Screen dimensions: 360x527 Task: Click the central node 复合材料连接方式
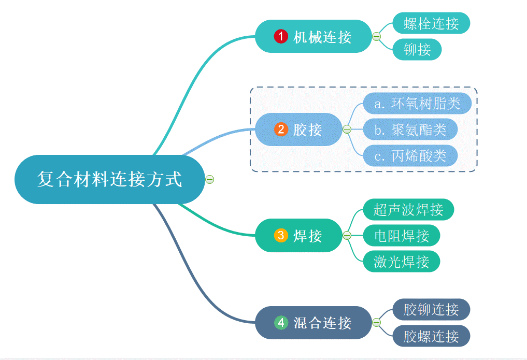click(109, 179)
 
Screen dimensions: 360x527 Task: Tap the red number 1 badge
click(281, 36)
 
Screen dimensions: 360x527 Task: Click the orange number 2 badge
click(281, 129)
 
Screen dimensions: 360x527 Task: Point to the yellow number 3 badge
click(281, 236)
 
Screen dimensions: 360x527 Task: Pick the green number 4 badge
click(281, 323)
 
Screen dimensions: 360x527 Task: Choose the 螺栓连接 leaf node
click(431, 23)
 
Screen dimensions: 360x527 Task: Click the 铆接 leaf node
click(417, 50)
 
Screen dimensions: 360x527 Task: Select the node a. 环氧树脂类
click(417, 104)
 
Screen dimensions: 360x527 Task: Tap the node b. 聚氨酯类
click(410, 129)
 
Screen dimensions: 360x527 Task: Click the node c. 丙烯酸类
click(410, 155)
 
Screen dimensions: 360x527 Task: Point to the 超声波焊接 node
click(408, 210)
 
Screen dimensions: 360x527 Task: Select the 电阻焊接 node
click(402, 236)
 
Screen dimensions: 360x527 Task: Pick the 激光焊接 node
click(402, 262)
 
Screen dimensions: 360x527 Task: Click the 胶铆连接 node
click(431, 310)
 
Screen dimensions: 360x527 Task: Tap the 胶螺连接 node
click(431, 336)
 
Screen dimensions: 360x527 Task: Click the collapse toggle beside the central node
click(210, 179)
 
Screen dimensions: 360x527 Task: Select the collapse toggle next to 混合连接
click(377, 323)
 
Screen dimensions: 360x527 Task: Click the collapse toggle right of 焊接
click(347, 236)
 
